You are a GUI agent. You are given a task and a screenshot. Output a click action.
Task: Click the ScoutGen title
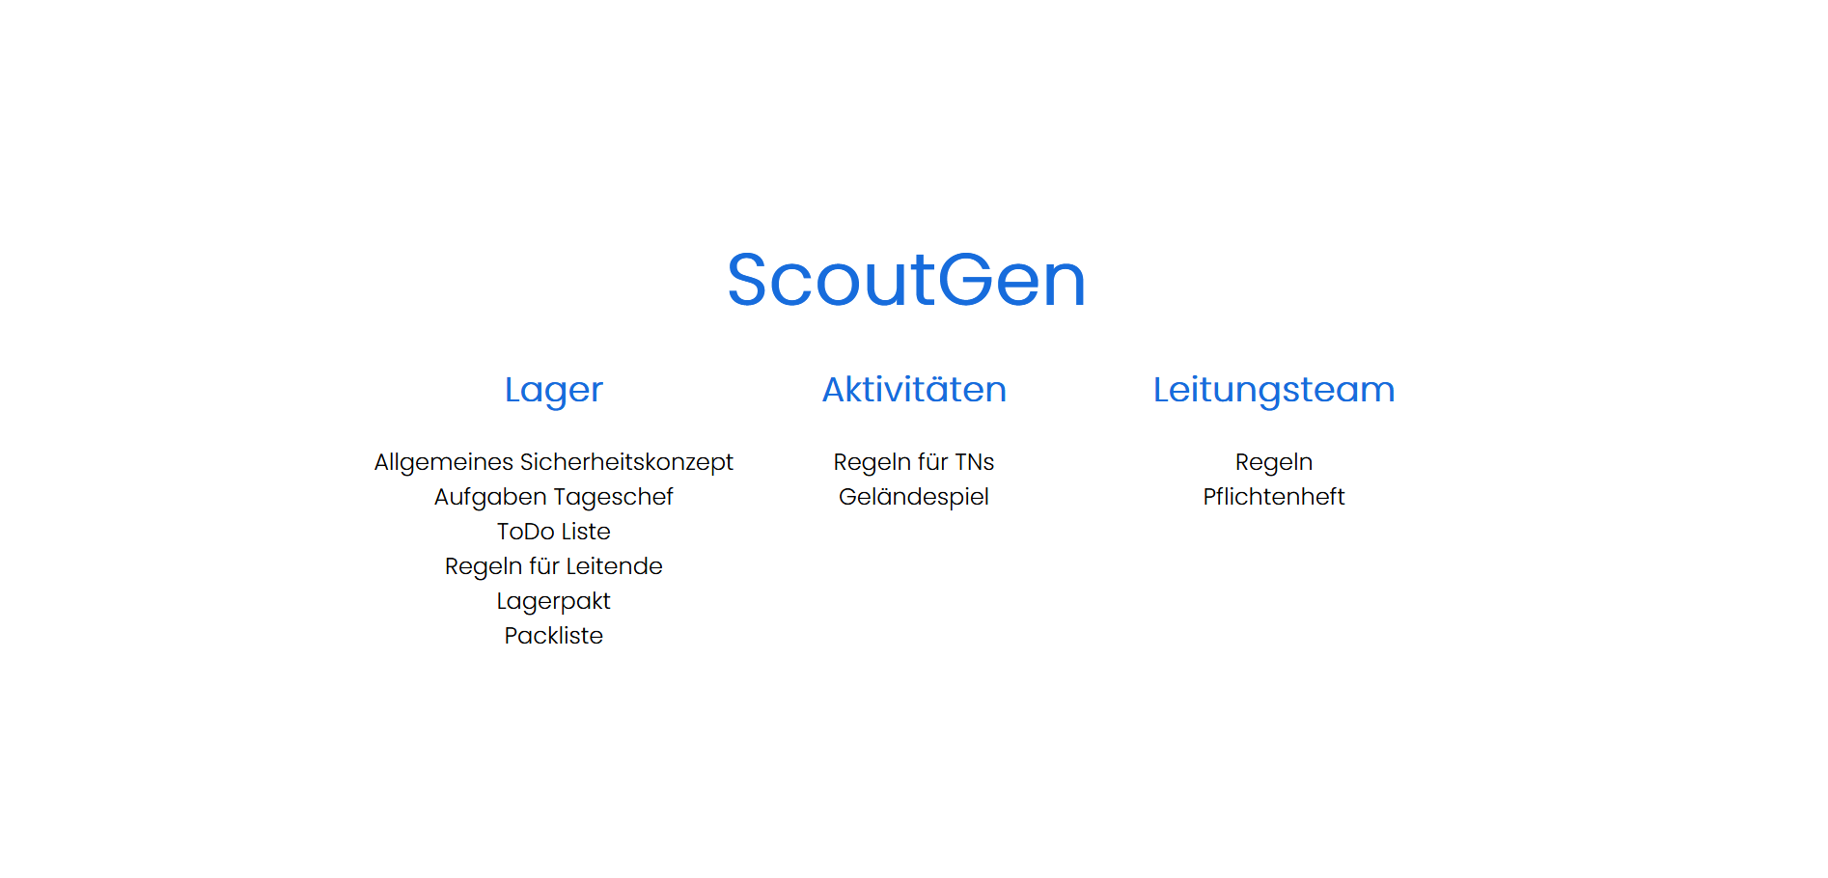[906, 280]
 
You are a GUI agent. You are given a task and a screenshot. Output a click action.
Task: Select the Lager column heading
[554, 391]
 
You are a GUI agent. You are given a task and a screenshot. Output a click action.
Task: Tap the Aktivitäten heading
[914, 389]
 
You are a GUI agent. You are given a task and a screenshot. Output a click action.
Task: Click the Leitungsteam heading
[1274, 391]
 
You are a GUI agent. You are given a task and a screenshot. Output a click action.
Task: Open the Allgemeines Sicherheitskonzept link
[554, 463]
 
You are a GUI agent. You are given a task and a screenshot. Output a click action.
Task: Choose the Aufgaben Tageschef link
[554, 498]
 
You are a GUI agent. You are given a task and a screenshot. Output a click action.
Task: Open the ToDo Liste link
[554, 532]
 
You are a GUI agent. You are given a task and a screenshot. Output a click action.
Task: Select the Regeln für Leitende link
[554, 566]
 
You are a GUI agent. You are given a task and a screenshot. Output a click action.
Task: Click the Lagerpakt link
[554, 602]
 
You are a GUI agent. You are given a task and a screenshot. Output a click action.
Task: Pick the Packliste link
[554, 636]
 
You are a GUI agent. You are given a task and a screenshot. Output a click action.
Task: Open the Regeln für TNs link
[914, 463]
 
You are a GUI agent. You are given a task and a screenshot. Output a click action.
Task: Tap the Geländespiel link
[914, 498]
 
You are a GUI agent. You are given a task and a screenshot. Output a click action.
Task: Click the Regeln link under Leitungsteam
[1274, 463]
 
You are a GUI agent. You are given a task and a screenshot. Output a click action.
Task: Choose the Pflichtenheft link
[1274, 497]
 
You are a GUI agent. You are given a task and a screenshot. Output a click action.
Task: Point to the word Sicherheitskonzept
[626, 463]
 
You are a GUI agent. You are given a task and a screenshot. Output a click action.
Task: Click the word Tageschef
[613, 498]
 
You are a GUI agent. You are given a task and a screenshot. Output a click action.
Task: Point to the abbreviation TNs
[974, 462]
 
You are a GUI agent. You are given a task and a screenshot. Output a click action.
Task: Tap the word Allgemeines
[444, 463]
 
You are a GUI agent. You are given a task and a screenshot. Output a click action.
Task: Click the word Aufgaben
[489, 498]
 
